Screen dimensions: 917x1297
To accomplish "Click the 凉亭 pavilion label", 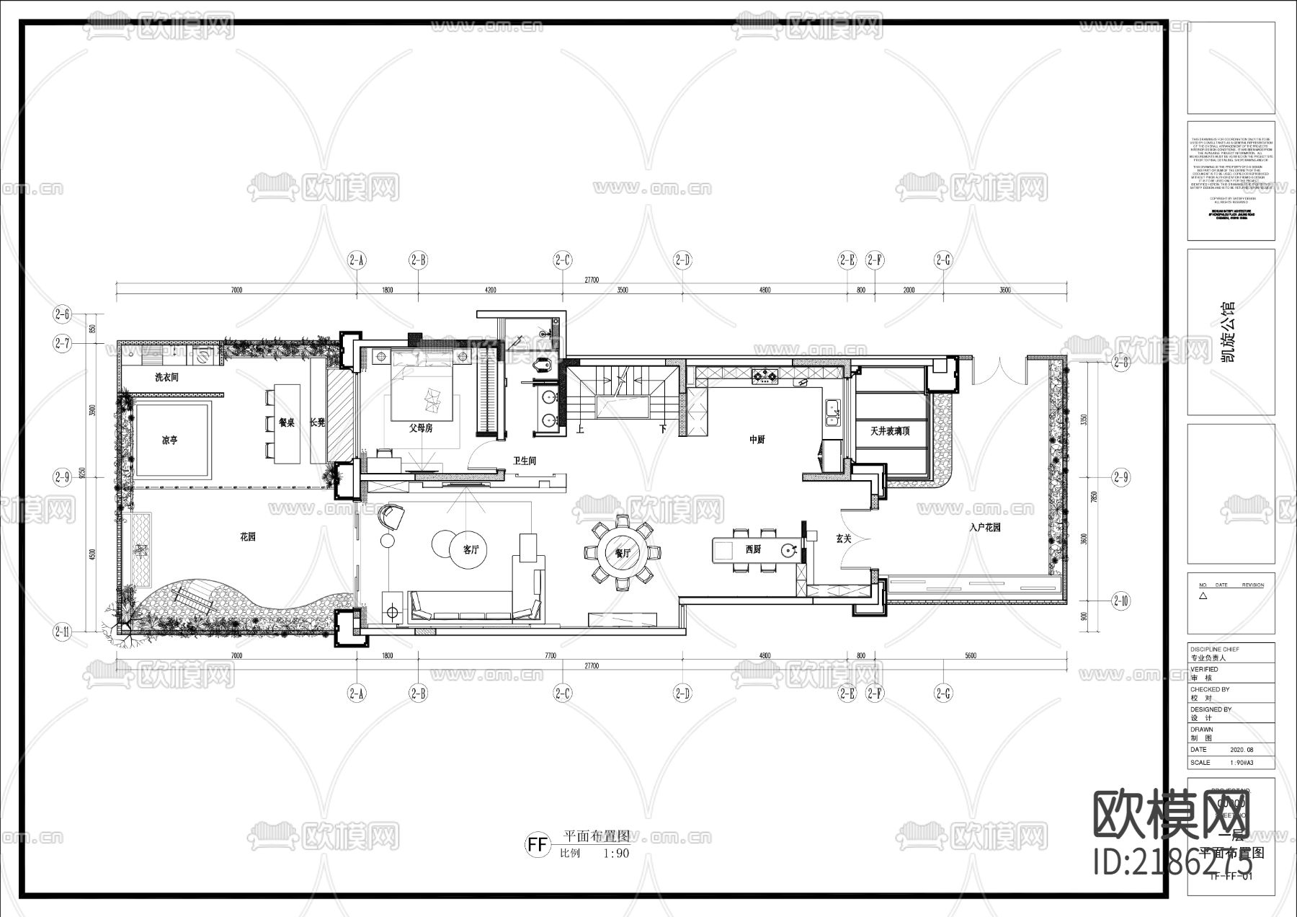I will click(x=169, y=440).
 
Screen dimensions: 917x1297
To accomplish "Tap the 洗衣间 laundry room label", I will click(x=166, y=377).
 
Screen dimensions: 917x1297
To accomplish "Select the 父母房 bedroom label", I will click(x=421, y=428).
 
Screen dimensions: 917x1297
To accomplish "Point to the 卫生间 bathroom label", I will click(x=524, y=461).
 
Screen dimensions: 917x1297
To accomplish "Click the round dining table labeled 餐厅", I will click(x=623, y=553).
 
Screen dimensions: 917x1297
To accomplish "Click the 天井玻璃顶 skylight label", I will click(x=890, y=431).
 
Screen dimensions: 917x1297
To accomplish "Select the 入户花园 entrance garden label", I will click(x=984, y=528).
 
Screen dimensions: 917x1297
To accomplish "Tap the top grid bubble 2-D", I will click(x=682, y=260).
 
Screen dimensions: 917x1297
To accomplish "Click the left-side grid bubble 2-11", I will click(x=63, y=632).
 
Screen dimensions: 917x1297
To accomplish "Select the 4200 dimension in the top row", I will click(x=490, y=291).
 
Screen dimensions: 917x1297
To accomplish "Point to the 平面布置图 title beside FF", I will click(x=596, y=836).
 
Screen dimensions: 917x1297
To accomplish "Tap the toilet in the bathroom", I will click(x=545, y=366).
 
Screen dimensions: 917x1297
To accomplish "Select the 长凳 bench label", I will click(x=317, y=422).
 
